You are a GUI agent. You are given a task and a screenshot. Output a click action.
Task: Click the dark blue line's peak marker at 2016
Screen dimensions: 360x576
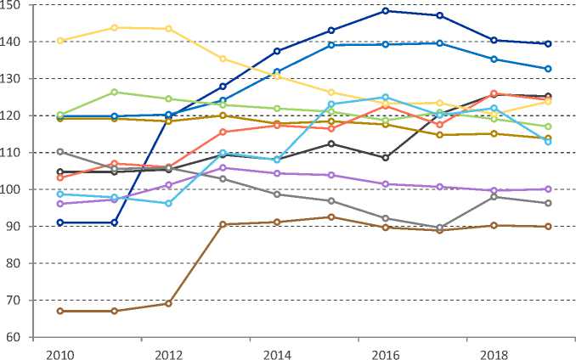pos(386,11)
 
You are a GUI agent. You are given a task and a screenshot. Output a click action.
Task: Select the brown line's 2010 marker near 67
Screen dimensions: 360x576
pos(60,311)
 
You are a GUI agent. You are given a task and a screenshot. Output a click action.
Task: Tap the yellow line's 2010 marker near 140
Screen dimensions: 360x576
pos(60,41)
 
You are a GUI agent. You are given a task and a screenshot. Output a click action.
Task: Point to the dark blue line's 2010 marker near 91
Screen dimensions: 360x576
pos(60,222)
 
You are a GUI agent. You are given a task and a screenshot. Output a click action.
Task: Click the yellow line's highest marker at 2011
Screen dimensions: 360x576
pos(115,28)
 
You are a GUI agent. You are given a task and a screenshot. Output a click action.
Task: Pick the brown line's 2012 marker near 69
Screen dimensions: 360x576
pos(168,303)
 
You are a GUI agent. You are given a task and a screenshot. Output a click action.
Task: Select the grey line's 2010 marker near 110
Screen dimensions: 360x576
pos(60,151)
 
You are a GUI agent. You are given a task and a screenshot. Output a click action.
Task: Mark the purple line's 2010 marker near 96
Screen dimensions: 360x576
pos(60,204)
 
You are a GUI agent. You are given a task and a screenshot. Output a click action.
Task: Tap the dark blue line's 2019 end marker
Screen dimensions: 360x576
pos(548,44)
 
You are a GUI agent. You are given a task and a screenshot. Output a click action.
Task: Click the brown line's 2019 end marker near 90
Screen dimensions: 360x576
pos(548,227)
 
